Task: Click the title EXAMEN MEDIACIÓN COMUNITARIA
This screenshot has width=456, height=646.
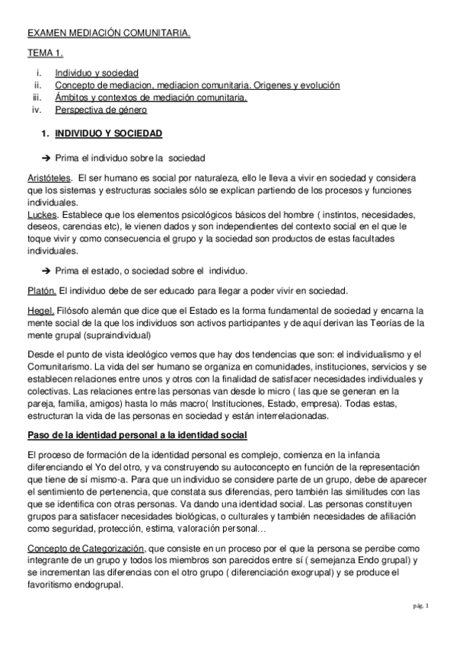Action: click(x=109, y=34)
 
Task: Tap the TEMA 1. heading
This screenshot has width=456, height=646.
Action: click(x=45, y=54)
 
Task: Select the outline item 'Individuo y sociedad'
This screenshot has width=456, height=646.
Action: click(x=91, y=74)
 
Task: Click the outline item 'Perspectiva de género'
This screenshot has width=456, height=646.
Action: click(x=95, y=110)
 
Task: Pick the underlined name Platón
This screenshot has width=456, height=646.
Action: click(x=41, y=289)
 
